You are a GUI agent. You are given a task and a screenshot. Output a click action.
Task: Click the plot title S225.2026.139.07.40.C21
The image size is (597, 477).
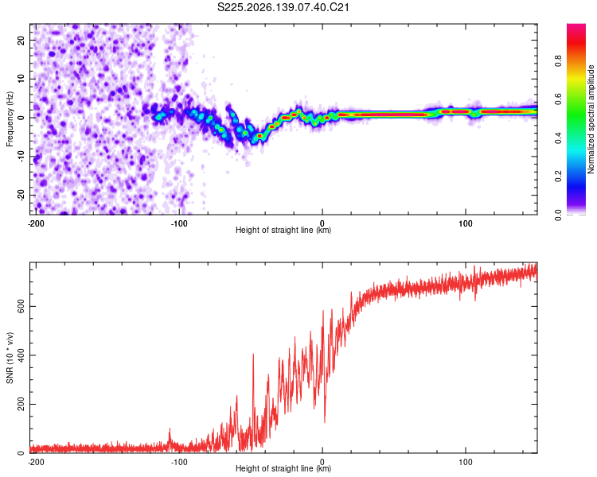click(283, 7)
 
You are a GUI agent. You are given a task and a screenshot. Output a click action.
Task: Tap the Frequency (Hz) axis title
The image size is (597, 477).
click(10, 119)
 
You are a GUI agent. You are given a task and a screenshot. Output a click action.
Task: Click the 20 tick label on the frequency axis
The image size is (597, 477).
click(21, 41)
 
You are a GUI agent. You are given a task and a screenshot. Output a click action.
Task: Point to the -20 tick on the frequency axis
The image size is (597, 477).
click(21, 195)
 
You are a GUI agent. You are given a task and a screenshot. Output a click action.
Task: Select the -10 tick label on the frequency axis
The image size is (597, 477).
click(21, 157)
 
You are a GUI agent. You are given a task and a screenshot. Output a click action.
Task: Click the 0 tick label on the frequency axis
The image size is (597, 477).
click(21, 118)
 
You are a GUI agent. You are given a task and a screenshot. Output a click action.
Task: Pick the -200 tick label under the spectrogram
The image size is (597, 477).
click(36, 223)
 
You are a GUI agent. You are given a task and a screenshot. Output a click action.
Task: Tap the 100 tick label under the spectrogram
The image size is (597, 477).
click(466, 223)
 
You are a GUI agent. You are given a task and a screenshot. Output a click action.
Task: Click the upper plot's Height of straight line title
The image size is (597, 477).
click(283, 230)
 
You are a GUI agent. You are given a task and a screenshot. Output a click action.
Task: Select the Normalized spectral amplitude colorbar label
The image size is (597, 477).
click(591, 119)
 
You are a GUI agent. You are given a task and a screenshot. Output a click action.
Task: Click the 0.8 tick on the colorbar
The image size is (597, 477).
click(558, 61)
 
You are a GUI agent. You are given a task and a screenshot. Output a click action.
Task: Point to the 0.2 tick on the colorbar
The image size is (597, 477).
click(558, 176)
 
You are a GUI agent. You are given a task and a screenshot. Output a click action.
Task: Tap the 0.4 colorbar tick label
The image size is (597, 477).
click(558, 138)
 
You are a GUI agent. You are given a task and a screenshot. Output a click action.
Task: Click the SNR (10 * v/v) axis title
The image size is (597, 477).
click(10, 358)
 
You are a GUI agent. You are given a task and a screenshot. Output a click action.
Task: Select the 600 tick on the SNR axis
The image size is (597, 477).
click(21, 306)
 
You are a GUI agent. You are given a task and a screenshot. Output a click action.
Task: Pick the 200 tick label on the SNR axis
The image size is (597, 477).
click(21, 404)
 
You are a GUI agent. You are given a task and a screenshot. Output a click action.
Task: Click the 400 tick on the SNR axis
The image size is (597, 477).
click(21, 355)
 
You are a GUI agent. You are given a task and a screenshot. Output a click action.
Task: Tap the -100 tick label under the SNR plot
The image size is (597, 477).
click(179, 462)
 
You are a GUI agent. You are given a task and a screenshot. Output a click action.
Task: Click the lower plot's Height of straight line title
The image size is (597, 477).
click(283, 468)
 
